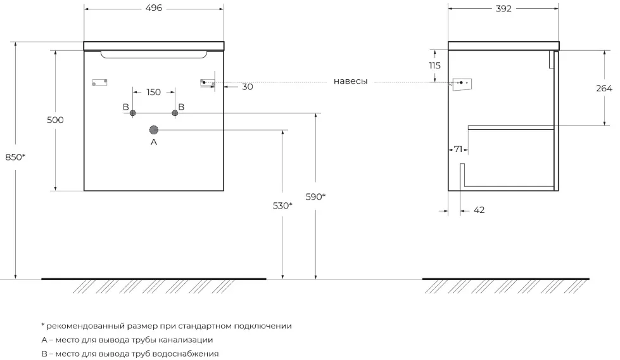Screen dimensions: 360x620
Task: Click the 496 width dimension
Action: (154, 8)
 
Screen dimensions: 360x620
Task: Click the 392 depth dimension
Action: (503, 8)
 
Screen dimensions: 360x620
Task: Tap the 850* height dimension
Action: (15, 157)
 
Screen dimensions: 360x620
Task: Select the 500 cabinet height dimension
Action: (56, 120)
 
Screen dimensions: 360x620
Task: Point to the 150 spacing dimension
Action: (153, 92)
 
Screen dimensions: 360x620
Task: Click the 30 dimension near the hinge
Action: (247, 87)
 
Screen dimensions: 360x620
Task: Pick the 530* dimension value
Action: (282, 205)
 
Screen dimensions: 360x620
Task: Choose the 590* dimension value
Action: (315, 196)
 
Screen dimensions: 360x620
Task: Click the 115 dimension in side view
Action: (434, 66)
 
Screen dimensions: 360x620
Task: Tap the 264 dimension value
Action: (604, 89)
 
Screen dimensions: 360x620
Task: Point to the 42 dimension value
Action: (479, 210)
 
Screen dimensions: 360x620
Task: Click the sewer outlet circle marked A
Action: (154, 130)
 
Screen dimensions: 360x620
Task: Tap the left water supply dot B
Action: (133, 113)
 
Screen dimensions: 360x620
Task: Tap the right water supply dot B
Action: (175, 113)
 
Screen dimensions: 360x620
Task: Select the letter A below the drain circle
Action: (153, 143)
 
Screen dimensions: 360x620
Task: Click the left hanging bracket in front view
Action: (100, 82)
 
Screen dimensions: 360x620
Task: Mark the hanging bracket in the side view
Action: (463, 83)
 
